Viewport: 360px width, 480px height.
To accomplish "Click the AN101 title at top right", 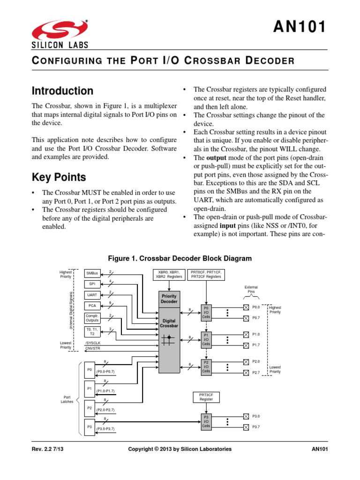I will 300,28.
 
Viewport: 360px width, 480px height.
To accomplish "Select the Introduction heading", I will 62,91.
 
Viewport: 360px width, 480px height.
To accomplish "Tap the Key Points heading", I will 59,177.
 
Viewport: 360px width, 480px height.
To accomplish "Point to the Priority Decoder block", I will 169,299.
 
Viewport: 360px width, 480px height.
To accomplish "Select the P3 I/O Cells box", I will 206,421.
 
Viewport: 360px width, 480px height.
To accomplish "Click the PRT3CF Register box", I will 206,397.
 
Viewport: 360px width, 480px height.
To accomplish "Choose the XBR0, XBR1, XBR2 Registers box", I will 169,274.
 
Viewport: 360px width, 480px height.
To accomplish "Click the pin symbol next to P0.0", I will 246,307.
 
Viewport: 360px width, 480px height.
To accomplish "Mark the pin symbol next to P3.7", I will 246,427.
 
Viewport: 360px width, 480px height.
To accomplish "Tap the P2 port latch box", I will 89,408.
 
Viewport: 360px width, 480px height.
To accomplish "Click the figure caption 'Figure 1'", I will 180,258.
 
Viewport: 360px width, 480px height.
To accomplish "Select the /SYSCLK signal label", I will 92,343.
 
